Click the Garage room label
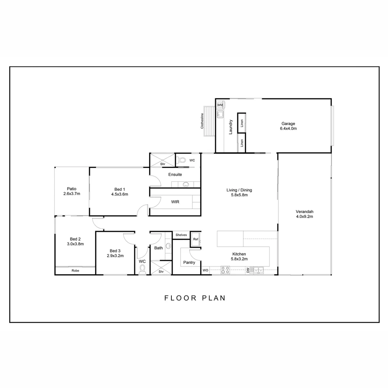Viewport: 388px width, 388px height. tap(288, 124)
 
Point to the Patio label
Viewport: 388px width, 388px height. tap(71, 189)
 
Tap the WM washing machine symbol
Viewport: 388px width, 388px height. tap(220, 105)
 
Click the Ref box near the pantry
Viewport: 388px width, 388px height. tap(196, 239)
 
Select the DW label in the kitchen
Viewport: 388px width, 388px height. tap(248, 270)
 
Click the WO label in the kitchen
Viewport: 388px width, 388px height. tap(205, 270)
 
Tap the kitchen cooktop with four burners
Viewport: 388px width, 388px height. tap(225, 270)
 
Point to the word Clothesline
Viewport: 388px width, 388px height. tap(202, 121)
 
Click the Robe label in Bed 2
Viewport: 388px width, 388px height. tap(75, 271)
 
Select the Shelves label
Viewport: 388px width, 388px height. tap(181, 235)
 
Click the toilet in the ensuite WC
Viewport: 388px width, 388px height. tap(181, 160)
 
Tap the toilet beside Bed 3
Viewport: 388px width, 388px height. tap(142, 270)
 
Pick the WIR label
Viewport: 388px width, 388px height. tap(175, 202)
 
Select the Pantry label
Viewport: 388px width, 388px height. tap(189, 263)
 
